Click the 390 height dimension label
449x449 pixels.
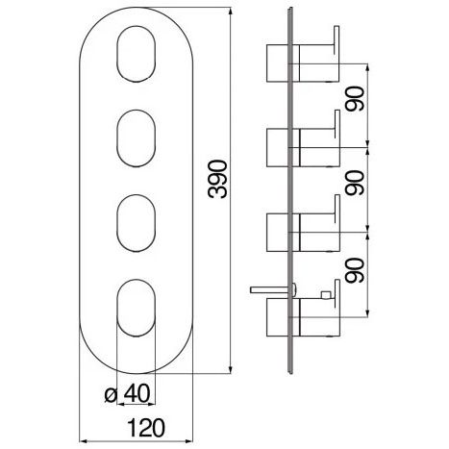tap(217, 179)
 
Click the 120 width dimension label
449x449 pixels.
tap(146, 428)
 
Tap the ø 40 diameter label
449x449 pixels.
tap(127, 394)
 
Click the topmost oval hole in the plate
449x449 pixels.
tap(137, 54)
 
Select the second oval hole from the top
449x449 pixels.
tap(137, 138)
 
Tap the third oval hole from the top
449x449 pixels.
tap(137, 223)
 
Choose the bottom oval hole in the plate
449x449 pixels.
tap(137, 308)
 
